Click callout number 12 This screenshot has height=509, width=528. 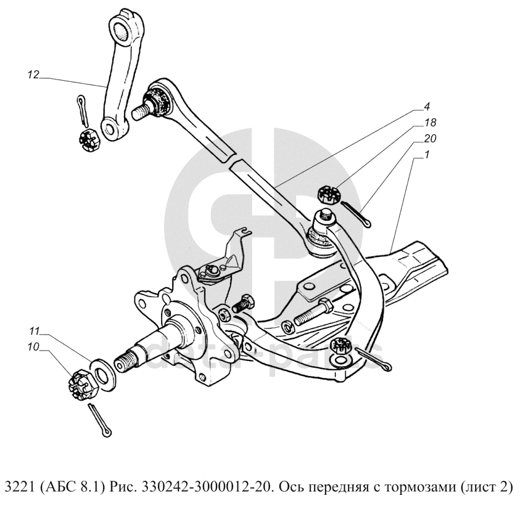click(33, 75)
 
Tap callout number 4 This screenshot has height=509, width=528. click(427, 107)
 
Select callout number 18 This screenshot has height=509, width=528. click(431, 123)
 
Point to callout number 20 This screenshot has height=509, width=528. click(430, 138)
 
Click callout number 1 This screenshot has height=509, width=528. click(427, 155)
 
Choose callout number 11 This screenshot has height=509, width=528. click(34, 332)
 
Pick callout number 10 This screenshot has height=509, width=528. click(33, 346)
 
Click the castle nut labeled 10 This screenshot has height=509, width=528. click(83, 384)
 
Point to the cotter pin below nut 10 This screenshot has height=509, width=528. click(100, 420)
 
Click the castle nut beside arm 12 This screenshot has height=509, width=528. click(88, 140)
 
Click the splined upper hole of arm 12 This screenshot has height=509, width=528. click(122, 32)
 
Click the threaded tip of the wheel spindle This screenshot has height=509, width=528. click(125, 361)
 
